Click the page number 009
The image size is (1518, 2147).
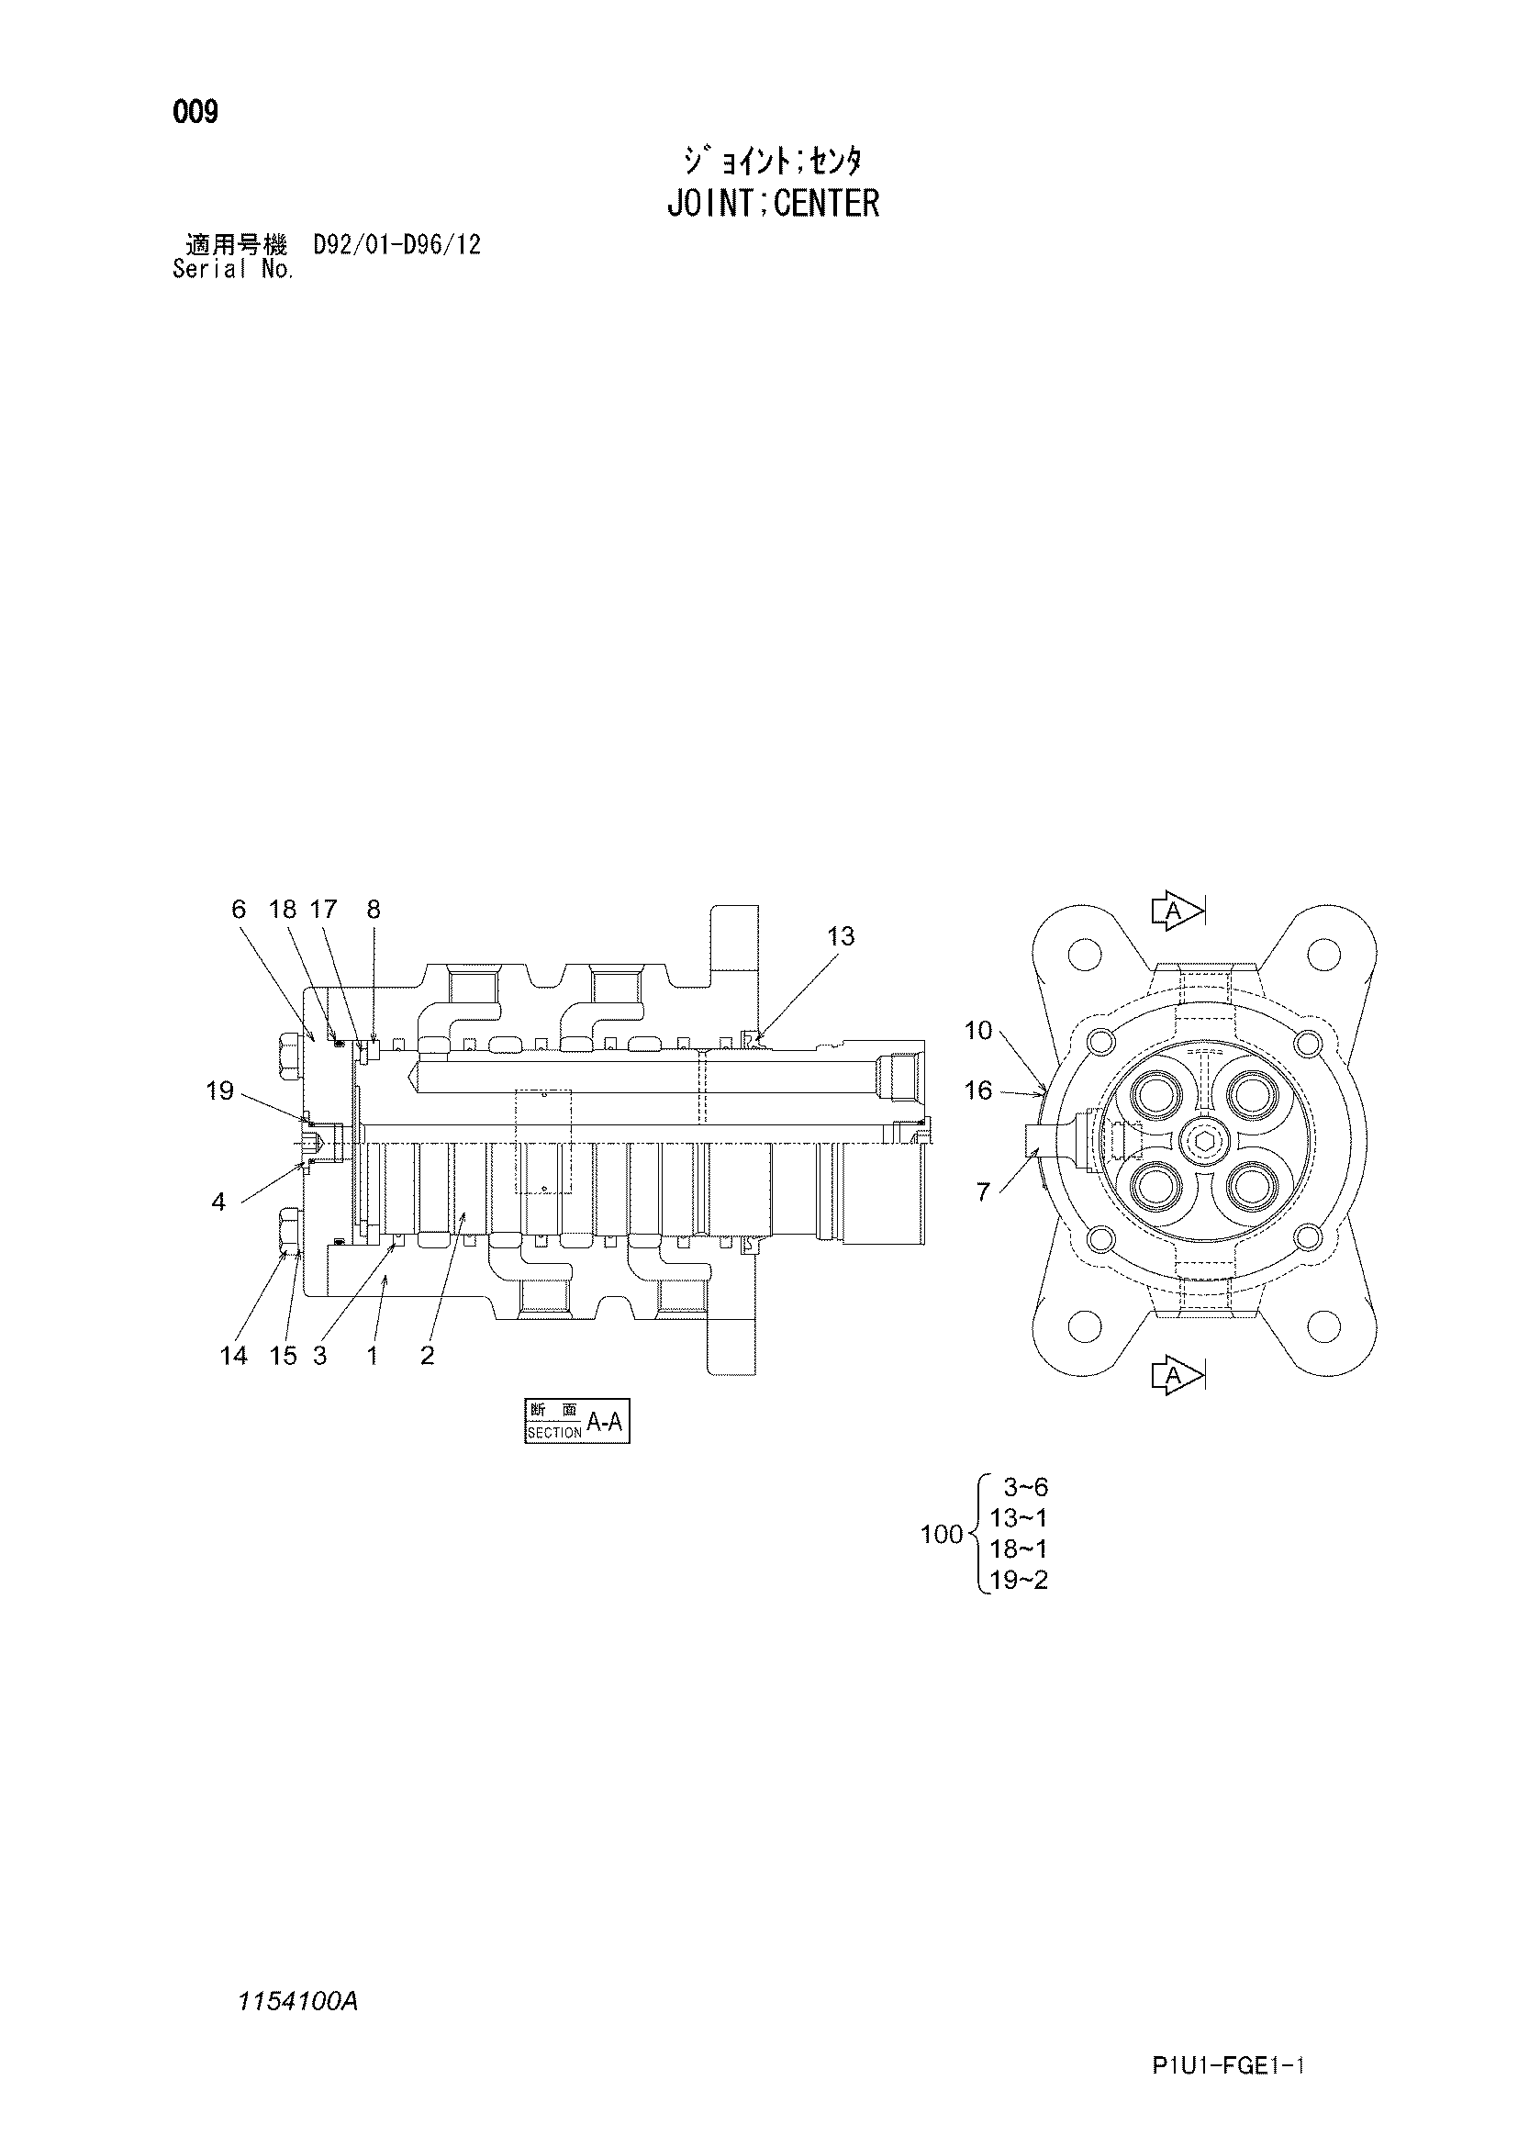(x=195, y=112)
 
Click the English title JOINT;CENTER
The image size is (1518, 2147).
(x=773, y=203)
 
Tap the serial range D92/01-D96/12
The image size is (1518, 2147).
(x=397, y=245)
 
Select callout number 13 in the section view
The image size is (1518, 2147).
(x=842, y=936)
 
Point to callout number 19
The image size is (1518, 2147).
(x=219, y=1090)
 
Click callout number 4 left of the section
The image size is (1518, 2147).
(x=218, y=1202)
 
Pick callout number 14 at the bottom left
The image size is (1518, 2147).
(x=234, y=1355)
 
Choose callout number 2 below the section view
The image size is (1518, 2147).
(x=427, y=1355)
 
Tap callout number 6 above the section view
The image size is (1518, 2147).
(x=239, y=909)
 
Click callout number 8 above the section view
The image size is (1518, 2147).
(x=374, y=909)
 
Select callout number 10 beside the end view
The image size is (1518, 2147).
(x=977, y=1031)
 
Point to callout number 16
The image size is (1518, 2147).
(x=977, y=1090)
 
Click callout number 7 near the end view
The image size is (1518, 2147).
(x=982, y=1192)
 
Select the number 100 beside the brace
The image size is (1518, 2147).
(x=942, y=1534)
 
